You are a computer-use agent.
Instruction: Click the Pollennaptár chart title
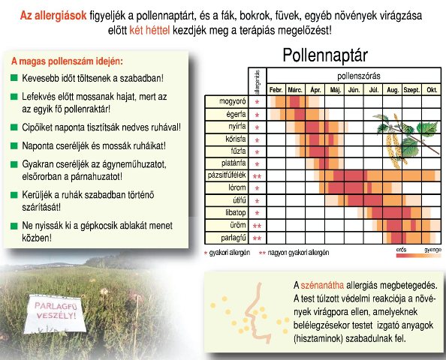[x=325, y=55]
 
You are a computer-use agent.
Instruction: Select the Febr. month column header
[x=276, y=90]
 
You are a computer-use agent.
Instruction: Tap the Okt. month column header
[x=432, y=90]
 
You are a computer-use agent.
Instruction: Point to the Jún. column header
[x=354, y=90]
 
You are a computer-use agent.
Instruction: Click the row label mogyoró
[x=233, y=101]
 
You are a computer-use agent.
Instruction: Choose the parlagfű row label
[x=234, y=238]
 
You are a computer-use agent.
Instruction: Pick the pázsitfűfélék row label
[x=227, y=175]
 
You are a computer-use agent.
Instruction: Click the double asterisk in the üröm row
[x=257, y=226]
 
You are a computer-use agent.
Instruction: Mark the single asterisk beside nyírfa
[x=257, y=127]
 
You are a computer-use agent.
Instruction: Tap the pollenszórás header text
[x=359, y=76]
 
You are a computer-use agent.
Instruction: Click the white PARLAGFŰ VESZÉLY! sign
[x=55, y=314]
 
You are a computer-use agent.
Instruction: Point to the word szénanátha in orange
[x=322, y=285]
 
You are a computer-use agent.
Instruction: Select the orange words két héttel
[x=149, y=30]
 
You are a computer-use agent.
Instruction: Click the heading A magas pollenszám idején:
[x=67, y=61]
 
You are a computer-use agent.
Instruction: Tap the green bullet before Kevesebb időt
[x=14, y=77]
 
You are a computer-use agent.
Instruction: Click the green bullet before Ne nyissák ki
[x=14, y=226]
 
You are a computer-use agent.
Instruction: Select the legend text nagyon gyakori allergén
[x=298, y=253]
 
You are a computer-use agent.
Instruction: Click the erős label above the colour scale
[x=401, y=250]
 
